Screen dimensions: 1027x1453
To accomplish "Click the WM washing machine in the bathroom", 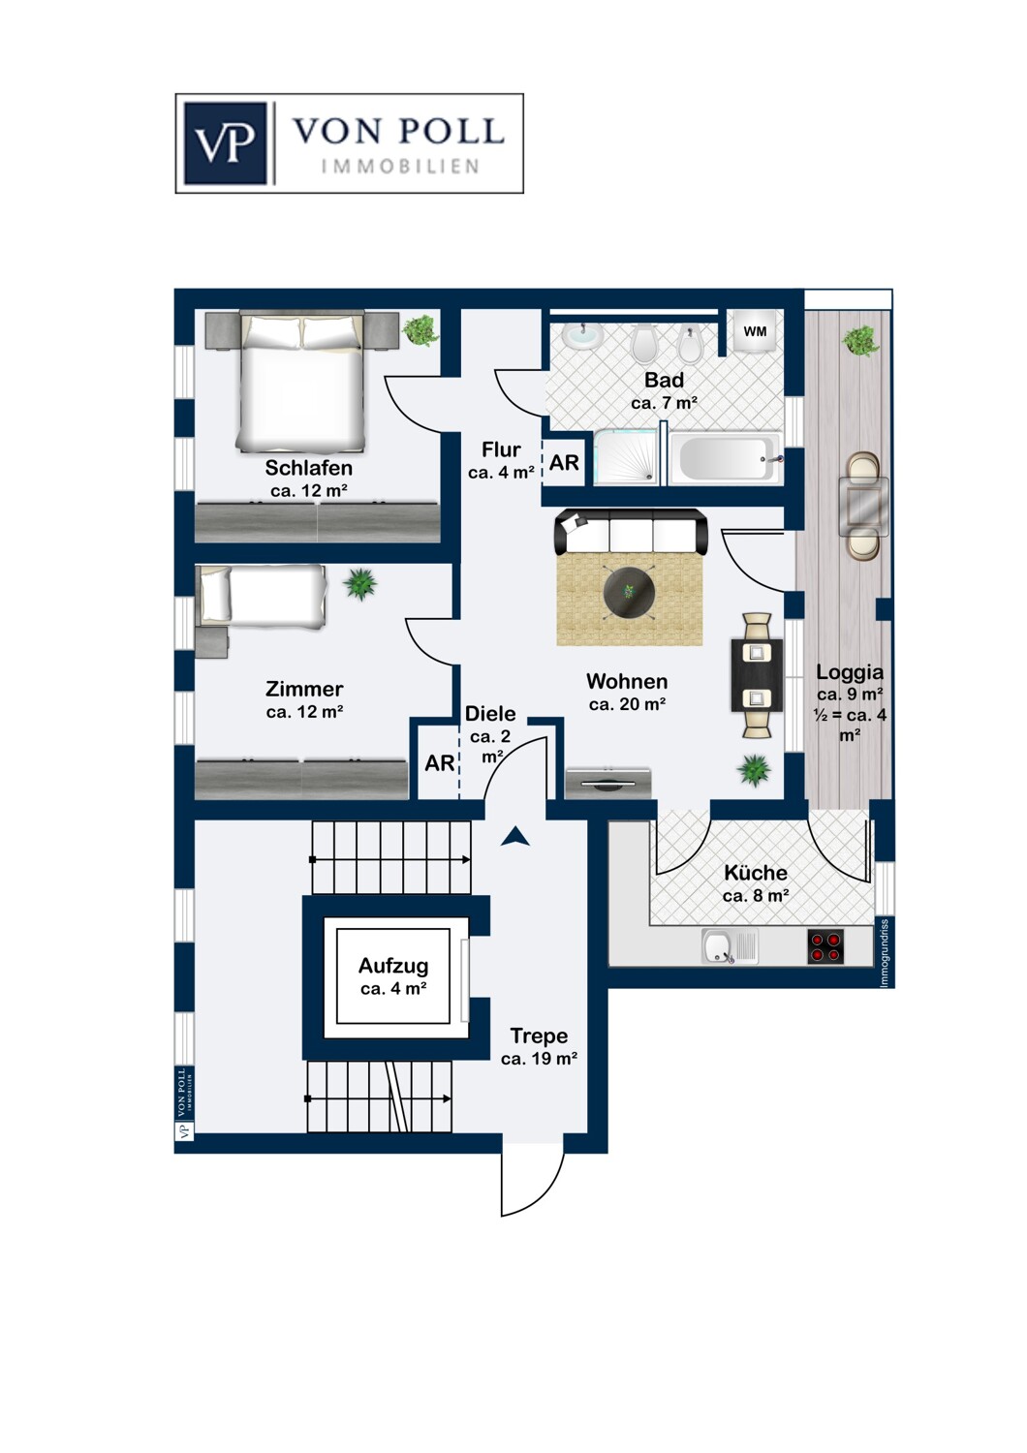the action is (x=755, y=331).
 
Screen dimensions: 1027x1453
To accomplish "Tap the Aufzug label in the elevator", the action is (x=393, y=966).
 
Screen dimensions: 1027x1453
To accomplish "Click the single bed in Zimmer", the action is (x=261, y=596).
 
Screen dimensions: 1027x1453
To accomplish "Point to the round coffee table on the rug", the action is (x=628, y=591).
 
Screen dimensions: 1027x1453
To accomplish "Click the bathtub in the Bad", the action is (x=725, y=458).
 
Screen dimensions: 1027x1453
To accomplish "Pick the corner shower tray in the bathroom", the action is (x=626, y=458).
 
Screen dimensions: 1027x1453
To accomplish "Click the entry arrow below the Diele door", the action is (x=515, y=837).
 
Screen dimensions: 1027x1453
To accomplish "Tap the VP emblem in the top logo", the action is (x=226, y=143).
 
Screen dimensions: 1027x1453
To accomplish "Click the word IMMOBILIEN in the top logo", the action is (x=400, y=167).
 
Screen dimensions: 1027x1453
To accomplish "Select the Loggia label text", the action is (x=850, y=671).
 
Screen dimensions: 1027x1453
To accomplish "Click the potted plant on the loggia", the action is (x=861, y=340).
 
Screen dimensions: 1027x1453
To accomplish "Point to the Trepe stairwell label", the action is (x=539, y=1036).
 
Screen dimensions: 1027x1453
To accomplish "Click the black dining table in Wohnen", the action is (x=757, y=675).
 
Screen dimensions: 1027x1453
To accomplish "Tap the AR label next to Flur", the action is (x=564, y=463).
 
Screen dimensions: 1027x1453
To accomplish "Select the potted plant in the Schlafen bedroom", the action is (x=420, y=330).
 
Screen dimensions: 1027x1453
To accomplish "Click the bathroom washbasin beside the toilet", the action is (x=581, y=335).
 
